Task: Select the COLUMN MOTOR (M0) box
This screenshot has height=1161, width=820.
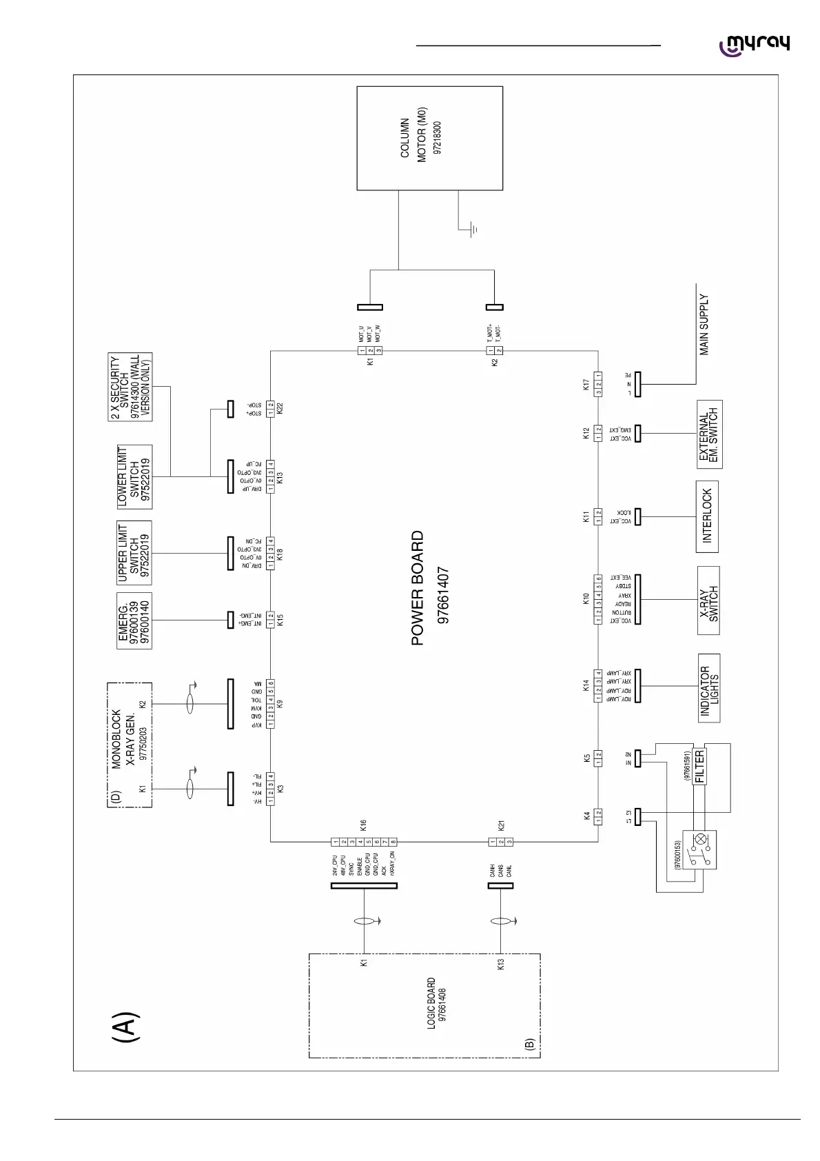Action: click(429, 138)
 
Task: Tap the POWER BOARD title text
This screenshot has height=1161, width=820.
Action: click(418, 587)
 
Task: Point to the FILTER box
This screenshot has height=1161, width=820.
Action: click(699, 767)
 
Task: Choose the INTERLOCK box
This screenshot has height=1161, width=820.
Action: click(707, 516)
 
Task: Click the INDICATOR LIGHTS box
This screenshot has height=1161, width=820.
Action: click(709, 687)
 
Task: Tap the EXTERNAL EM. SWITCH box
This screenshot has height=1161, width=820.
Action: click(709, 434)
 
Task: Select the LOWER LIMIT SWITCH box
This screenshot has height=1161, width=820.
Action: click(134, 476)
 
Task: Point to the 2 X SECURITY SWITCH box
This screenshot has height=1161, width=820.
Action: click(134, 387)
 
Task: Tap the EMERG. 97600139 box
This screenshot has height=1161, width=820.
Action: click(134, 620)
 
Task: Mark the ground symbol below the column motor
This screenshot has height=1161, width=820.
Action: click(473, 230)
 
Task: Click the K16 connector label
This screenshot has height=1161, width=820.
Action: click(363, 824)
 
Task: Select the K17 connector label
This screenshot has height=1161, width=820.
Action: click(586, 385)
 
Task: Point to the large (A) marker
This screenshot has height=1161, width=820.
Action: click(126, 1027)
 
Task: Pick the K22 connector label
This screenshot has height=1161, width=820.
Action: click(280, 408)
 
